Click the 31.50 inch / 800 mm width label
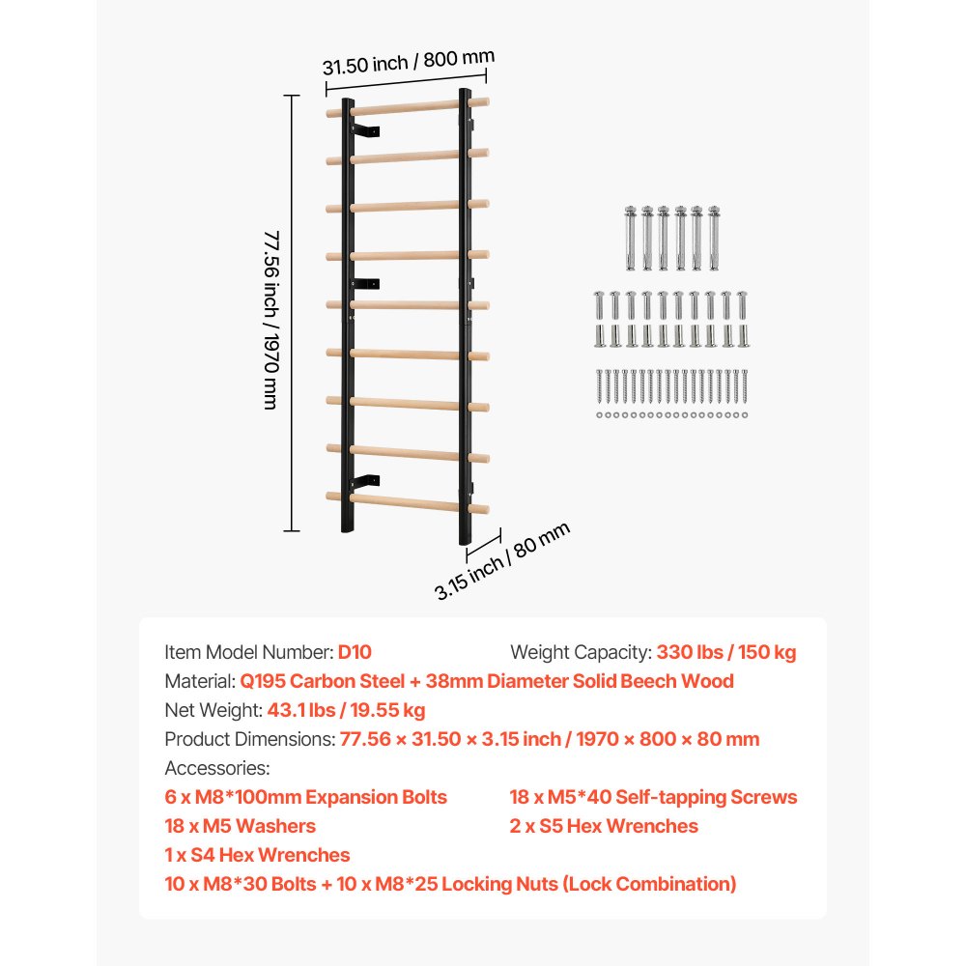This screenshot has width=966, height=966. (408, 63)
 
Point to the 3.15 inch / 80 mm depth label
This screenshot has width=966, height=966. (501, 561)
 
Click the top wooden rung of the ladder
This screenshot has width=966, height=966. (406, 107)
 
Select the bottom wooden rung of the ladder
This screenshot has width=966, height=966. (406, 501)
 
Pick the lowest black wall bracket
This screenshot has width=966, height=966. (365, 481)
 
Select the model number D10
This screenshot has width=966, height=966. (355, 652)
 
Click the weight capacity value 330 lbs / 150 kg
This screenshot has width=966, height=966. (726, 652)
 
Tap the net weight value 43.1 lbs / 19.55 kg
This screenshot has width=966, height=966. (346, 710)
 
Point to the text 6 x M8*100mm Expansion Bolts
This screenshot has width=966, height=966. (306, 797)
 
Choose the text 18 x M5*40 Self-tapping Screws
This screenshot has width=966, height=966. (653, 797)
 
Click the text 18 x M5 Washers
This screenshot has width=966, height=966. (241, 826)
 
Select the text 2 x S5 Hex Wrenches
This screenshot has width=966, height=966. (604, 826)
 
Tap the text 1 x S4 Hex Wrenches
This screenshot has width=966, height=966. (258, 855)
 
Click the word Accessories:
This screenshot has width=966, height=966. (217, 768)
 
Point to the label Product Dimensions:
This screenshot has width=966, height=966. (250, 739)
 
